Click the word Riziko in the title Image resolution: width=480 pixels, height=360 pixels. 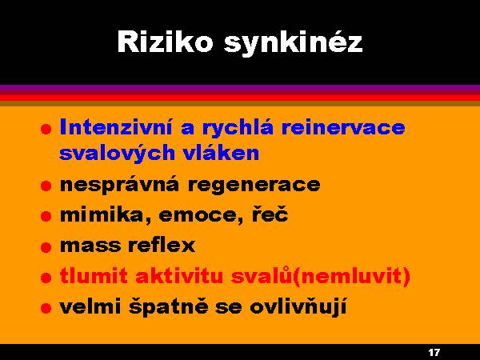point(165,42)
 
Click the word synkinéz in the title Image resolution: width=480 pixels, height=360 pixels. point(294,43)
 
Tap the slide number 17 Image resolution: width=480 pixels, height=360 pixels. point(434,352)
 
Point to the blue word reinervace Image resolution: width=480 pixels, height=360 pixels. point(343,127)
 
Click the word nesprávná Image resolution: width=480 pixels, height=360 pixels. point(119,185)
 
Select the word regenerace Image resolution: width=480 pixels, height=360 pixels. point(254,186)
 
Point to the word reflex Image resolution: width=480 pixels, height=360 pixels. point(162,245)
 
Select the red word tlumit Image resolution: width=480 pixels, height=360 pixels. point(94,275)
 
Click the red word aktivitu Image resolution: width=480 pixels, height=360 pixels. point(179,275)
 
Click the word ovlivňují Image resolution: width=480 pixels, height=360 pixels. point(298,307)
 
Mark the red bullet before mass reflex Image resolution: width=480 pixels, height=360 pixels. point(46,246)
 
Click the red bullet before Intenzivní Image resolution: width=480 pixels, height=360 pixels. point(46,129)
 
